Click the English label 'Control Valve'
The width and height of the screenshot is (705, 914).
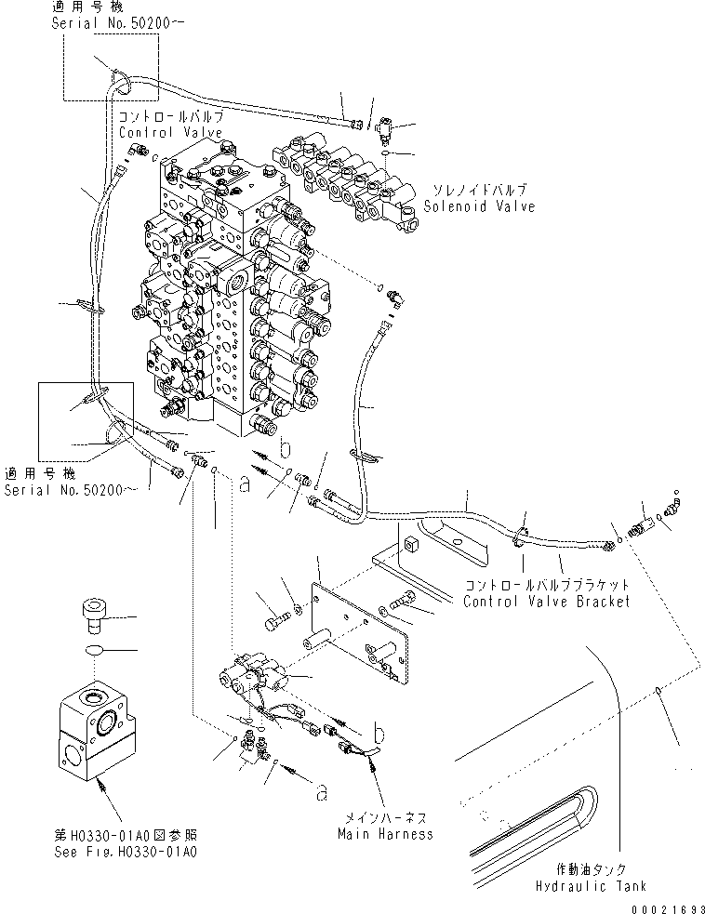(x=170, y=133)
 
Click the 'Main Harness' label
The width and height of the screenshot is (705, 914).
(x=385, y=833)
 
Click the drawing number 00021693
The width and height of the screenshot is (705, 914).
(x=667, y=906)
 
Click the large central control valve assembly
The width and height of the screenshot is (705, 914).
(x=233, y=298)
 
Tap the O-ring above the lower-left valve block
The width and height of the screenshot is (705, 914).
(x=94, y=651)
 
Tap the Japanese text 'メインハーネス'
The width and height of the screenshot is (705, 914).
(x=384, y=816)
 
